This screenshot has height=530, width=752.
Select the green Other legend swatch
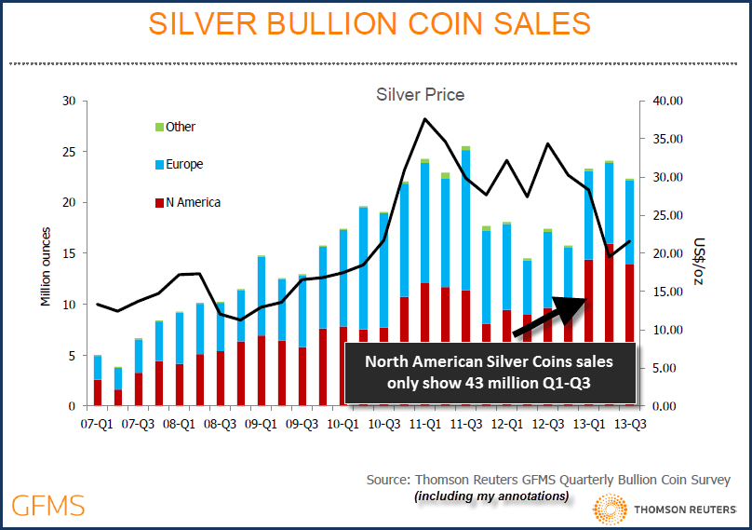click(158, 127)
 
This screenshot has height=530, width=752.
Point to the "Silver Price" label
click(420, 94)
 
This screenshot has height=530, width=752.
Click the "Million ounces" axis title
click(46, 266)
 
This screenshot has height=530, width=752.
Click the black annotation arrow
click(549, 317)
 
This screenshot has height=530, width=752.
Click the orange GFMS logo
click(48, 506)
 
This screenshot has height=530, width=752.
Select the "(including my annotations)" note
click(490, 496)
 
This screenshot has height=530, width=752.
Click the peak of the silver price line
click(424, 119)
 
